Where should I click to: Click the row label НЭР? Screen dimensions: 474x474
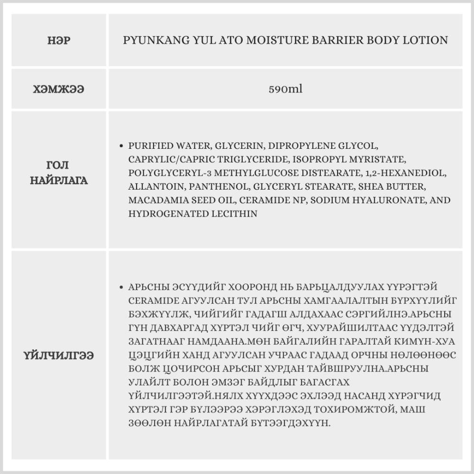(59, 41)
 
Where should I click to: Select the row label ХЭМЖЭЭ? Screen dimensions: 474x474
(59, 89)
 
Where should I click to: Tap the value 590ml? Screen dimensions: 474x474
(285, 89)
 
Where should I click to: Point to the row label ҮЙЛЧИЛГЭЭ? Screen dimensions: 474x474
(59, 355)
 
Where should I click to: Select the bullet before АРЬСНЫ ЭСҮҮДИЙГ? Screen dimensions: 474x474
(123, 287)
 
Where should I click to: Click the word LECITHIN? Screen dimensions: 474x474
(234, 214)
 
